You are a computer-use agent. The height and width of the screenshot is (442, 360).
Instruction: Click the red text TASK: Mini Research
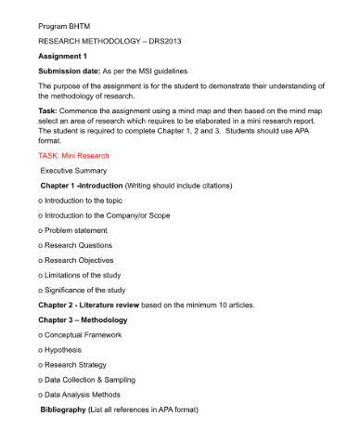click(73, 156)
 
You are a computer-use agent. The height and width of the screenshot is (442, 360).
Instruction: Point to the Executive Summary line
click(73, 171)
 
